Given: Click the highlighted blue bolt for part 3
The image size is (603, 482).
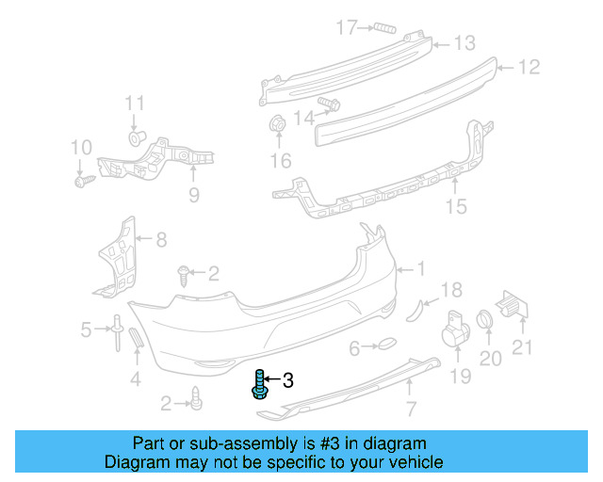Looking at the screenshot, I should pyautogui.click(x=259, y=386).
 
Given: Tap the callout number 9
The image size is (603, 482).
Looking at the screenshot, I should pyautogui.click(x=194, y=196).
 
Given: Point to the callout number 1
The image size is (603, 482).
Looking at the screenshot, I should pyautogui.click(x=421, y=269).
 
